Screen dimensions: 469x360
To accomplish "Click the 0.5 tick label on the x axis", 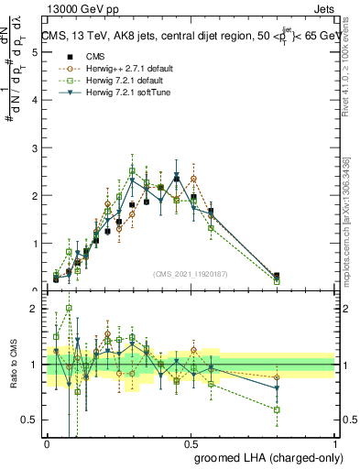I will click(x=191, y=443).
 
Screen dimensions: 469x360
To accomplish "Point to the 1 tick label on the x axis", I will click(x=335, y=443).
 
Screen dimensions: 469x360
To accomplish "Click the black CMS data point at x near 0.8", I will click(x=278, y=276).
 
